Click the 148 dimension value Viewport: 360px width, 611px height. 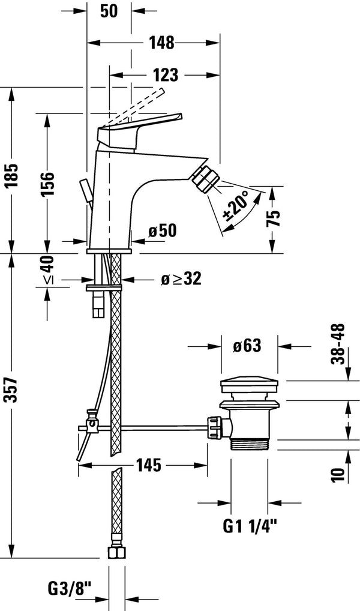click(162, 43)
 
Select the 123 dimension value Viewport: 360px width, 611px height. click(165, 75)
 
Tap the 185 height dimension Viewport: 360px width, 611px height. click(13, 175)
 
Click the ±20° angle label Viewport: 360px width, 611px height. click(235, 206)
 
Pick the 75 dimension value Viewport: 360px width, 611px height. click(274, 218)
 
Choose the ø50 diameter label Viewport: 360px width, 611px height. click(163, 231)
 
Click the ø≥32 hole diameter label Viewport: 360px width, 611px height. click(182, 278)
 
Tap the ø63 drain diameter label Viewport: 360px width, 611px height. click(247, 346)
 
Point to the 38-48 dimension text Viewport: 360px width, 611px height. click(338, 344)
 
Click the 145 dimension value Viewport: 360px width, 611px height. click(148, 465)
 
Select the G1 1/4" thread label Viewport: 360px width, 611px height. click(250, 526)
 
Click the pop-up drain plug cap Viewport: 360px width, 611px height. click(250, 384)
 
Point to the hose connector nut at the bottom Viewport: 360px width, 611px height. click(117, 553)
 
